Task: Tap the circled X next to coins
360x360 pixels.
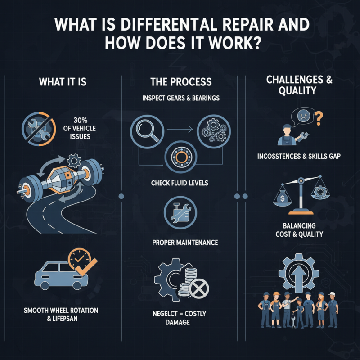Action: click(197, 290)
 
